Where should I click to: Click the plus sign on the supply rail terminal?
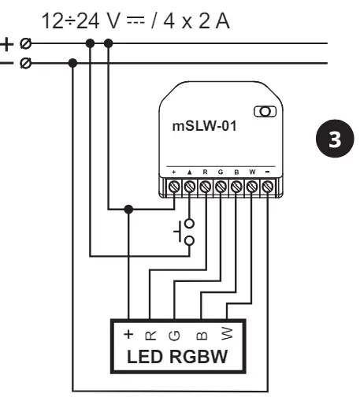tap(8, 44)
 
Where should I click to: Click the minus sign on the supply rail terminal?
tap(8, 62)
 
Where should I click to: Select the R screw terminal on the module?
tap(205, 188)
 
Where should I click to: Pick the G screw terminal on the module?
tap(221, 188)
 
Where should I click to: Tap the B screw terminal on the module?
tap(236, 188)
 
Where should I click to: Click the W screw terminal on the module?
tap(252, 188)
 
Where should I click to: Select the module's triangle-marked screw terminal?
tap(189, 188)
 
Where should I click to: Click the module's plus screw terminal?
tap(173, 188)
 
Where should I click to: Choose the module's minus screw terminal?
tap(268, 188)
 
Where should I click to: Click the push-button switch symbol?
tap(184, 233)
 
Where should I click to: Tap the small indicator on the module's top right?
tap(265, 112)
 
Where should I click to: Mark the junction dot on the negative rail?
tap(72, 62)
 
